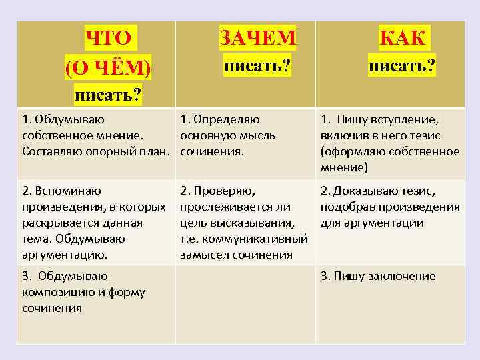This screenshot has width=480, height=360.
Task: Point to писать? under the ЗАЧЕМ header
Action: [258, 67]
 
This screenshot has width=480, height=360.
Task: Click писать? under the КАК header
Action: [403, 67]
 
